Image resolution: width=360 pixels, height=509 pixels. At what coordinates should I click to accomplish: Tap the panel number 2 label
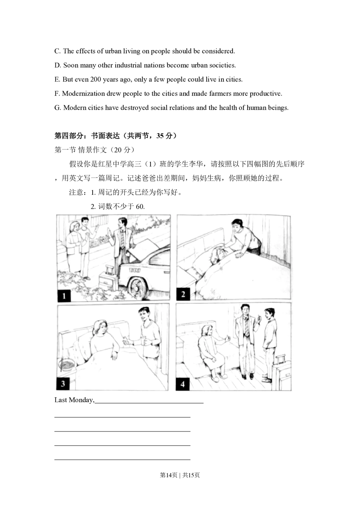pyautogui.click(x=183, y=294)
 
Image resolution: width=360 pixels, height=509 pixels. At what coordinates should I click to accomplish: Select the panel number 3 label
pyautogui.click(x=63, y=384)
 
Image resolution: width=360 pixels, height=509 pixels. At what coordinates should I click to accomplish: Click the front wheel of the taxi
pyautogui.click(x=137, y=287)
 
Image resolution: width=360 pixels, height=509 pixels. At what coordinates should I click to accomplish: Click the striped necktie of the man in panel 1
pyautogui.click(x=122, y=239)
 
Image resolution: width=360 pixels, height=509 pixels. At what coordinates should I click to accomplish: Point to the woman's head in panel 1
pyautogui.click(x=75, y=227)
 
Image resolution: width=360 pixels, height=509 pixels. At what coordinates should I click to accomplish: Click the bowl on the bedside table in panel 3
pyautogui.click(x=67, y=365)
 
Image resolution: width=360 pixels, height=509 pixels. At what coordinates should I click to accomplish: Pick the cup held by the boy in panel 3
pyautogui.click(x=144, y=340)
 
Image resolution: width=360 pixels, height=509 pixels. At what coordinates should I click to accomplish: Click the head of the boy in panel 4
pyautogui.click(x=269, y=314)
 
